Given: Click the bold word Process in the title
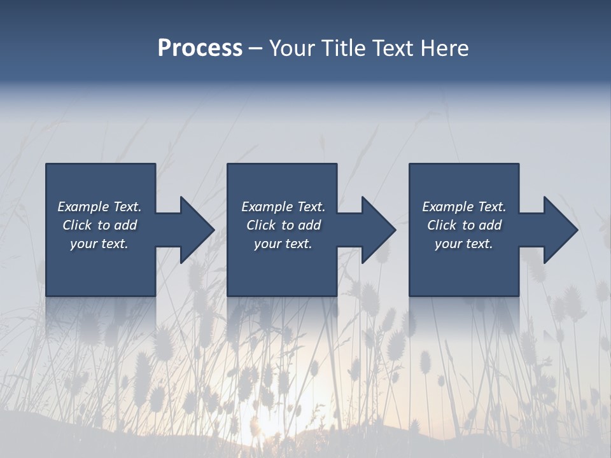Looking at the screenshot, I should click(x=200, y=48).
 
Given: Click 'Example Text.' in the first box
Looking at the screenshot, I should click(x=99, y=207).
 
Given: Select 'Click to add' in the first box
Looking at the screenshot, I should click(x=99, y=225).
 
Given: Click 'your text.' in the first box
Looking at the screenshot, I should click(x=99, y=244).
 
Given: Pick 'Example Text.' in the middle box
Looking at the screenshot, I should click(x=283, y=207).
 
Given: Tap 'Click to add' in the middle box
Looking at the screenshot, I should click(x=283, y=225).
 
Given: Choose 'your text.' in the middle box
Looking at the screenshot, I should click(x=283, y=244).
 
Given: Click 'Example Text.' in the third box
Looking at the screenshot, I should click(x=464, y=207).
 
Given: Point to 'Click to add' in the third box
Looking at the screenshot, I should click(x=464, y=225).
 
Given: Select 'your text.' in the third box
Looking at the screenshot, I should click(x=464, y=244).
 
